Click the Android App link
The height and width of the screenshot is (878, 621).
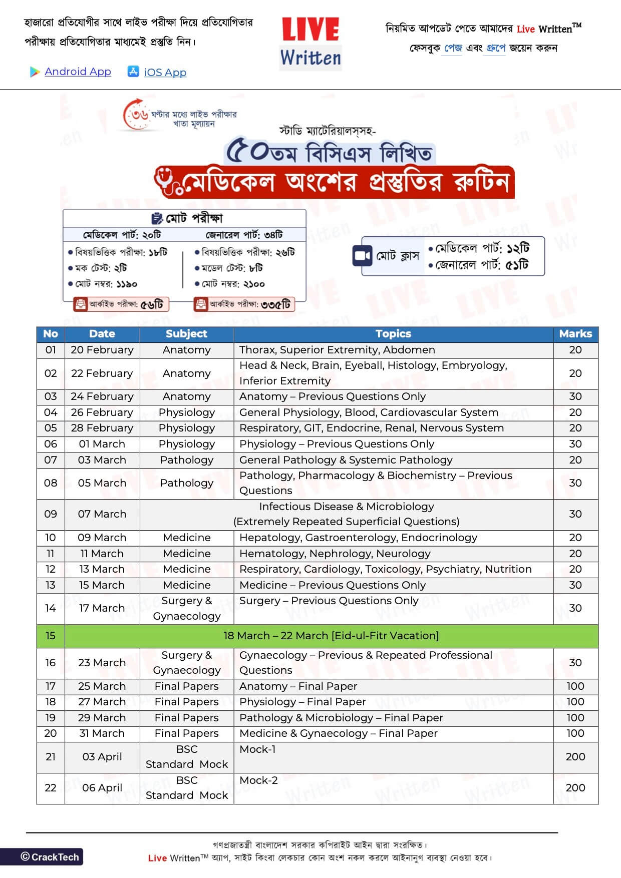78,72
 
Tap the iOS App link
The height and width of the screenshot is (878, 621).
165,73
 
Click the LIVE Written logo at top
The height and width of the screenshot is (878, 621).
310,43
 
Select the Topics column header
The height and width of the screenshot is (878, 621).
393,334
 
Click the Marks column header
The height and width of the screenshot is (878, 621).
575,334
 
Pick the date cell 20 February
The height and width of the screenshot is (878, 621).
102,350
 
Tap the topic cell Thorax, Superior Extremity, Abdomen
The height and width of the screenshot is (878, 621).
337,350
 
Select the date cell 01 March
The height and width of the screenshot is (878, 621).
102,444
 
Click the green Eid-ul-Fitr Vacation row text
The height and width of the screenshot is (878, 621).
331,636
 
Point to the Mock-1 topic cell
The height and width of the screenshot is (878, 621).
258,749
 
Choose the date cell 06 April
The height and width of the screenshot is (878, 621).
102,788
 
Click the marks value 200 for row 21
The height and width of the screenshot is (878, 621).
575,757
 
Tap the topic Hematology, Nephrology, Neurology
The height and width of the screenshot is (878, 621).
335,554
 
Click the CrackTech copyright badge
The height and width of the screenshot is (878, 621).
50,857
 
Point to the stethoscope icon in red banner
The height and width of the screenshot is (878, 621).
168,182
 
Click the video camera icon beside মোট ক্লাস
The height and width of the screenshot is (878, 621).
362,256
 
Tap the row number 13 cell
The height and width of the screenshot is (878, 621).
51,585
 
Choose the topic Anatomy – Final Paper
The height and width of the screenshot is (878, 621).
298,686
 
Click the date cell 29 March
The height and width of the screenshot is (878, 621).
102,718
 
